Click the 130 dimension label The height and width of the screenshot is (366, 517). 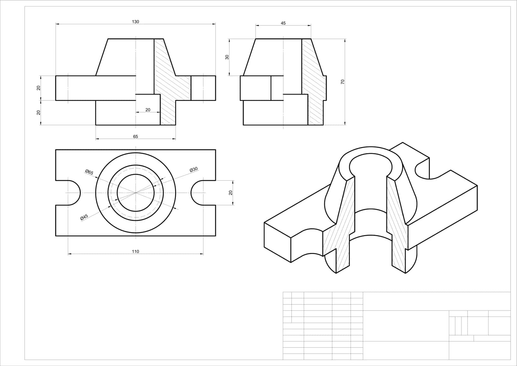point(135,22)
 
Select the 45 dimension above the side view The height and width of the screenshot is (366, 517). point(283,23)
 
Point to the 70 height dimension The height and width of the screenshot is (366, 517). point(343,82)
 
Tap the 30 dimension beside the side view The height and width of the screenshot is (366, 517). point(227,57)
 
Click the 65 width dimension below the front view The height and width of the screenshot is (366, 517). point(135,137)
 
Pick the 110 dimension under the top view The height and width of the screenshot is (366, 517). point(135,251)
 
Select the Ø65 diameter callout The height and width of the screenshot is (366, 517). point(89,172)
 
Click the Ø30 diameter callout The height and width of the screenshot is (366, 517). point(194,170)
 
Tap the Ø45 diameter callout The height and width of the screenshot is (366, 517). point(84,217)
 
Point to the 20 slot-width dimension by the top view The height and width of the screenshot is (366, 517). point(231,193)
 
